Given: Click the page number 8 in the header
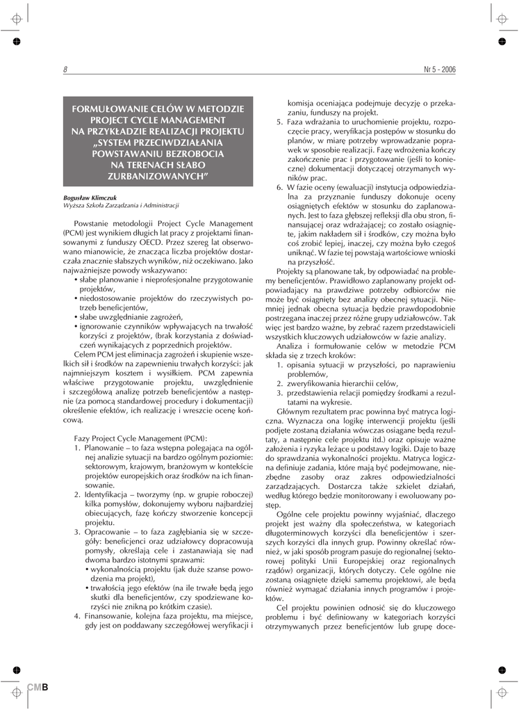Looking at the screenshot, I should pyautogui.click(x=65, y=70).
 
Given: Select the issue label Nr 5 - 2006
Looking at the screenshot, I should pyautogui.click(x=439, y=70).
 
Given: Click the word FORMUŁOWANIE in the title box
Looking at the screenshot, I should pyautogui.click(x=115, y=109).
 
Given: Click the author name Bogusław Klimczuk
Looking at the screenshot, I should pyautogui.click(x=90, y=197).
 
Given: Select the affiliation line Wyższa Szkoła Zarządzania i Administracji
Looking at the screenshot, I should pyautogui.click(x=121, y=206).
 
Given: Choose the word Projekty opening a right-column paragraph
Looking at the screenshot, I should pyautogui.click(x=293, y=272).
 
